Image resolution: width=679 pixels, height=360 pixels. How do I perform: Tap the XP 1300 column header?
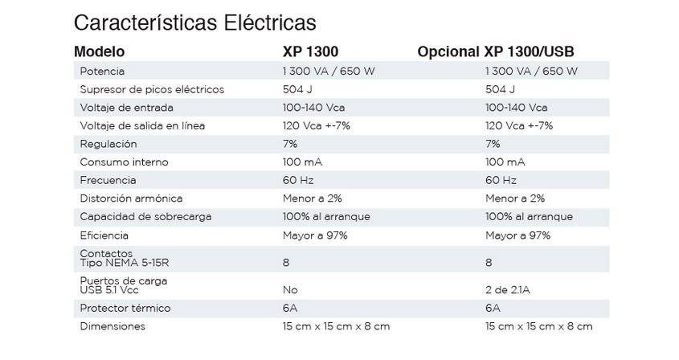pyautogui.click(x=311, y=51)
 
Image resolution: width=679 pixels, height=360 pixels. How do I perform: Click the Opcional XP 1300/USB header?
pyautogui.click(x=495, y=51)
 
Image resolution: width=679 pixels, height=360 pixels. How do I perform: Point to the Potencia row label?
pyautogui.click(x=102, y=71)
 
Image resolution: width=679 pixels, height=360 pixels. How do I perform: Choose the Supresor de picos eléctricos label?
pyautogui.click(x=152, y=89)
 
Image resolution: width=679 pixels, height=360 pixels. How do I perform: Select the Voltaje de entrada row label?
pyautogui.click(x=127, y=108)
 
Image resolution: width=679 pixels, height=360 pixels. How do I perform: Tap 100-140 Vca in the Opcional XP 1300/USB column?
pyautogui.click(x=516, y=108)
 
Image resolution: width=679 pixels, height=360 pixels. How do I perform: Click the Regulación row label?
pyautogui.click(x=108, y=144)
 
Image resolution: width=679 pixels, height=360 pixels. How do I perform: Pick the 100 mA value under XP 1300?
pyautogui.click(x=302, y=162)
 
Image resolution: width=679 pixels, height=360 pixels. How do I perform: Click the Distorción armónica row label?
pyautogui.click(x=132, y=198)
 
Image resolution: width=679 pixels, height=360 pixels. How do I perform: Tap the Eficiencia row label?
pyautogui.click(x=104, y=235)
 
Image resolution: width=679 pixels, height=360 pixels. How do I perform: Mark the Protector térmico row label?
pyautogui.click(x=125, y=308)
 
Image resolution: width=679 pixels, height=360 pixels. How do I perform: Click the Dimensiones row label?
pyautogui.click(x=112, y=326)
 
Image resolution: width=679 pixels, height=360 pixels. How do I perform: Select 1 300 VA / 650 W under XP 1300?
pyautogui.click(x=329, y=71)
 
